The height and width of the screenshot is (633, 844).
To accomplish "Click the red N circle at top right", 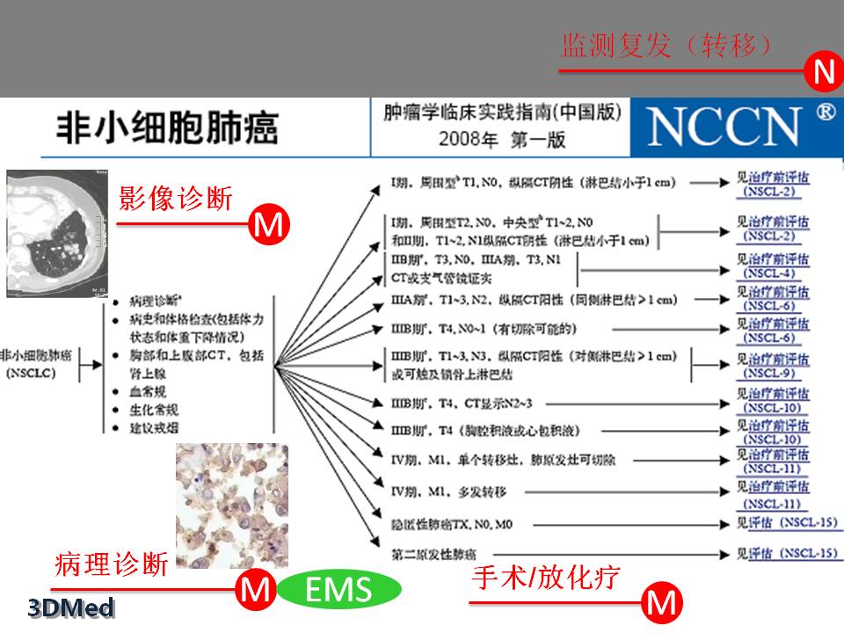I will pos(823,73).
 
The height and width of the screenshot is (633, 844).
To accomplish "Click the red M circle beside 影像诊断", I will pos(268,226).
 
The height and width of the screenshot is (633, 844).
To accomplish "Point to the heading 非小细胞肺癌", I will pos(167,128).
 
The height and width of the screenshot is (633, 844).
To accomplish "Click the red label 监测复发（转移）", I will pos(668,46).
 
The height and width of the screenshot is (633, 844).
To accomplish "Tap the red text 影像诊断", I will pos(176,199).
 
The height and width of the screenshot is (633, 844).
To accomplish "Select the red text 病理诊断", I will pos(111,564).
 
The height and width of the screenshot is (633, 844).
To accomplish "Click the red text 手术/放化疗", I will pos(546,578).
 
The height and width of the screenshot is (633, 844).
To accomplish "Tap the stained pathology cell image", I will pos(231,506).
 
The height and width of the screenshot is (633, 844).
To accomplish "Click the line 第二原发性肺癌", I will pos(434,555).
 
